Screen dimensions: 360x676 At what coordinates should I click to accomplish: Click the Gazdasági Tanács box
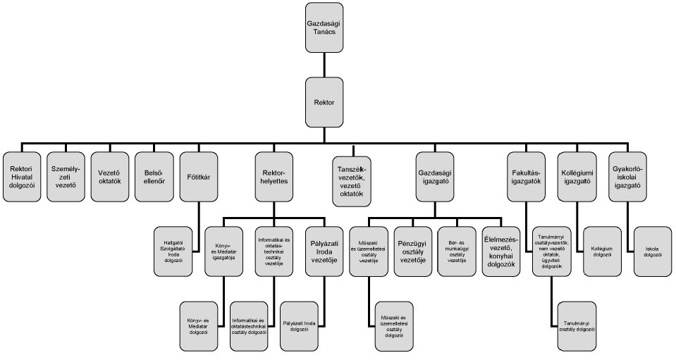point(324,27)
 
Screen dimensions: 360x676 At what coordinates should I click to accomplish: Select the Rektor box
point(324,102)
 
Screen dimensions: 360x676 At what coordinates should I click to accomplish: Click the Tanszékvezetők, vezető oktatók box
point(355,180)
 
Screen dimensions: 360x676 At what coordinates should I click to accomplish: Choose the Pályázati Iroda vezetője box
point(324,250)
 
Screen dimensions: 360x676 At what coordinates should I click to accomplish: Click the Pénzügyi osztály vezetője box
point(414,250)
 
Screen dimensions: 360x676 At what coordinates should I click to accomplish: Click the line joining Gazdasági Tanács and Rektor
point(324,66)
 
